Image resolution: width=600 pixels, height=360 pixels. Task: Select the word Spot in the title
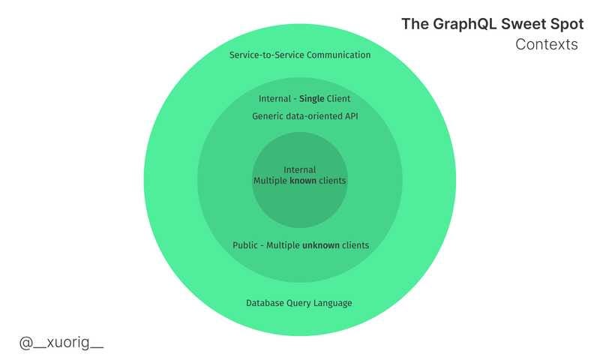click(565, 24)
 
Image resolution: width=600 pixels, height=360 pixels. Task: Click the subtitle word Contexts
click(547, 44)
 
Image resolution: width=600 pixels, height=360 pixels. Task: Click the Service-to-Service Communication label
click(300, 55)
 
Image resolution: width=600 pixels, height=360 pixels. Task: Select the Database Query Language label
click(299, 303)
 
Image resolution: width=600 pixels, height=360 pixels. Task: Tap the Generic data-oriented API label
click(300, 116)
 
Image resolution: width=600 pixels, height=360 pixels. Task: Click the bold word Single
click(311, 98)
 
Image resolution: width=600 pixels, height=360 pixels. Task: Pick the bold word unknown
click(322, 245)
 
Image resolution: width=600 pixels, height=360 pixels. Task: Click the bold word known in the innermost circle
click(303, 181)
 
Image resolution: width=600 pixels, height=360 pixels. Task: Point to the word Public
click(245, 245)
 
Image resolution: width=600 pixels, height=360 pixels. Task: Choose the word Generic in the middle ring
click(268, 116)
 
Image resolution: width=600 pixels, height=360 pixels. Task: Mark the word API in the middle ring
click(340, 116)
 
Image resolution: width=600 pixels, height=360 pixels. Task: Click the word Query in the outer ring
click(299, 303)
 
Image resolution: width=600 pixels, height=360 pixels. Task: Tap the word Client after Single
click(338, 98)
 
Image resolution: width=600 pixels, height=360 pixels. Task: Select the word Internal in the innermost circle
click(300, 169)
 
